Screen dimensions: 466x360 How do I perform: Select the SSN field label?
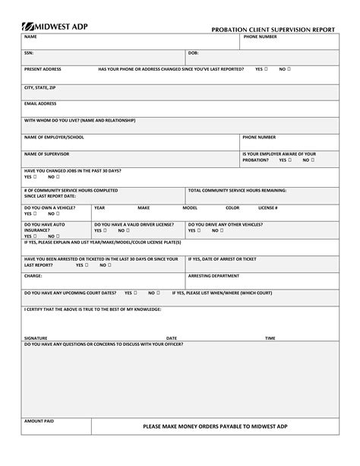pyautogui.click(x=29, y=52)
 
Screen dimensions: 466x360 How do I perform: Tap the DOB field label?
pyautogui.click(x=194, y=52)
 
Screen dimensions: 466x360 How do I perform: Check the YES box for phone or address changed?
pyautogui.click(x=267, y=69)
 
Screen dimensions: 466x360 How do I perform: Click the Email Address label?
pyautogui.click(x=40, y=103)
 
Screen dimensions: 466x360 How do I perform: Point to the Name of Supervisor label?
pyautogui.click(x=47, y=154)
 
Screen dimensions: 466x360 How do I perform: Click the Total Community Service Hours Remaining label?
pyautogui.click(x=237, y=189)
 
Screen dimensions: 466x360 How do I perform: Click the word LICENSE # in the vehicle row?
pyautogui.click(x=267, y=207)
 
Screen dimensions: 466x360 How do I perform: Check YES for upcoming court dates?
pyautogui.click(x=137, y=292)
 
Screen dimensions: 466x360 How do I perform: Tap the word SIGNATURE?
pyautogui.click(x=36, y=338)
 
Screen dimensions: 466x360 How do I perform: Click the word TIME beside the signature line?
pyautogui.click(x=270, y=338)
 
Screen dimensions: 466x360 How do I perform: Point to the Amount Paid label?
pyautogui.click(x=39, y=420)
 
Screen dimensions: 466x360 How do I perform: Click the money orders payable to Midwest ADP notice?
pyautogui.click(x=215, y=427)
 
